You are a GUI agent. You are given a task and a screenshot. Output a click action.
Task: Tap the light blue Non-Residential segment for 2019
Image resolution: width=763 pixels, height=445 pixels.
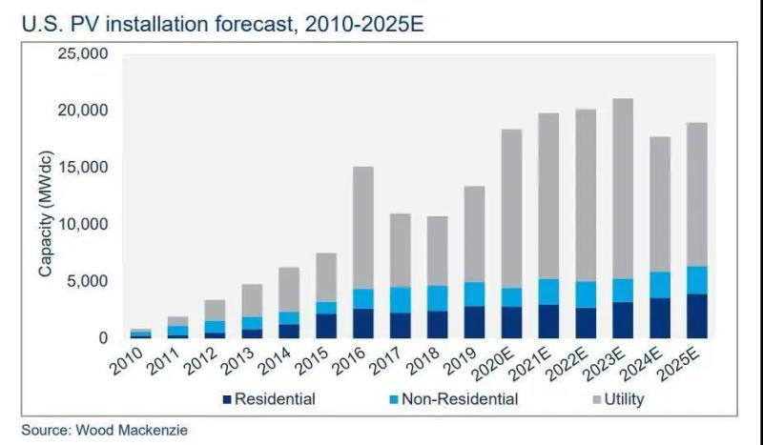pyautogui.click(x=474, y=293)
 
